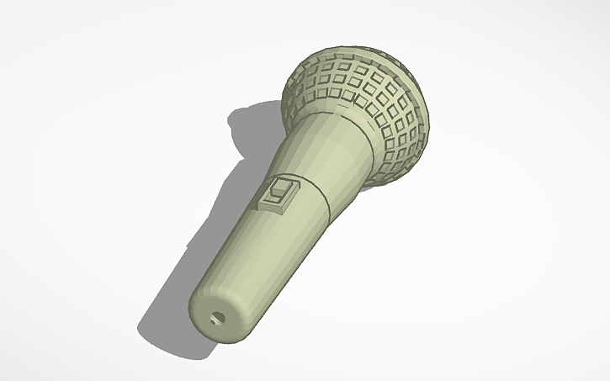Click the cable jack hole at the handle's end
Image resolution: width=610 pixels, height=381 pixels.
point(219,319)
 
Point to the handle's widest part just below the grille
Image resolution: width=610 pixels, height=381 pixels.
point(337,135)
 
